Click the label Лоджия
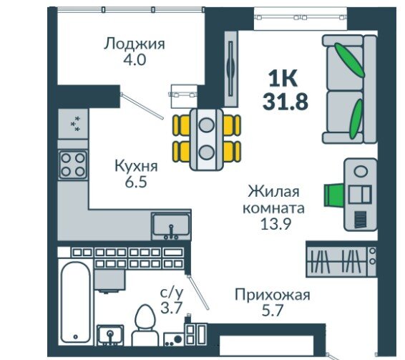click(135, 44)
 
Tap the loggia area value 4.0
click(135, 60)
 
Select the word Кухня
click(135, 166)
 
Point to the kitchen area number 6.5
click(135, 182)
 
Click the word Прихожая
click(272, 294)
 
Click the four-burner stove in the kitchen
click(73, 165)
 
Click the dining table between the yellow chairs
click(207, 137)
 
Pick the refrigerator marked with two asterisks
click(73, 125)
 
